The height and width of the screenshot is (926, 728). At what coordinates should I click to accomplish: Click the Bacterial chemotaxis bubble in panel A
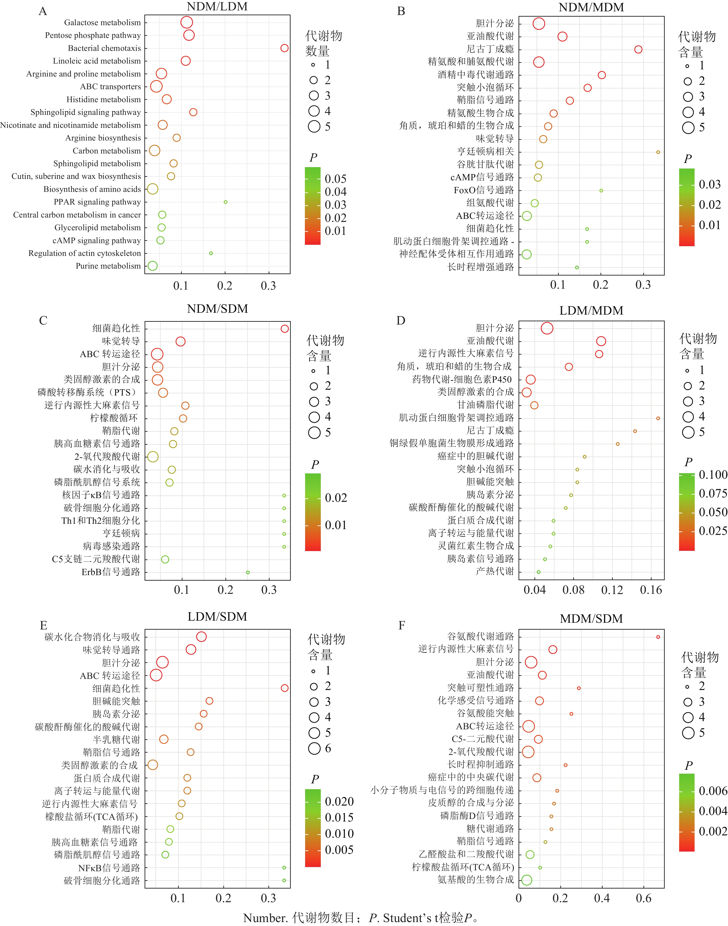tap(284, 48)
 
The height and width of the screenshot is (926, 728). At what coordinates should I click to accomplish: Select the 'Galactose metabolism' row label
tap(102, 23)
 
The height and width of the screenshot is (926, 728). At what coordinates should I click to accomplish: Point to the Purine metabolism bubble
tap(153, 266)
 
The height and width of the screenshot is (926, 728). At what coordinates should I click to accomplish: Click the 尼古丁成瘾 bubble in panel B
tap(638, 49)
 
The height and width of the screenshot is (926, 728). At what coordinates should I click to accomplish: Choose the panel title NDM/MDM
tap(591, 8)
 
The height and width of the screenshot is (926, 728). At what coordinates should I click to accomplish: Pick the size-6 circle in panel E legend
tap(314, 748)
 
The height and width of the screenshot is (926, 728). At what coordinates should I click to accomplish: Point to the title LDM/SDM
tap(217, 617)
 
